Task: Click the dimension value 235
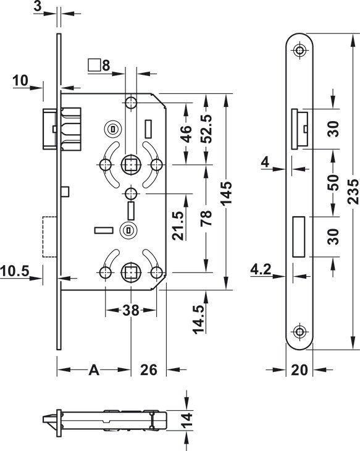353,192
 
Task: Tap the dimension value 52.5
206,129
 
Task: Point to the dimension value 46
186,133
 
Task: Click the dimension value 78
206,217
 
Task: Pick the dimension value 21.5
178,225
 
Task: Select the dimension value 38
131,310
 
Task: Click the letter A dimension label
94,370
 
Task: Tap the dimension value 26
149,370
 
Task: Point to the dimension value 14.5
199,319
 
